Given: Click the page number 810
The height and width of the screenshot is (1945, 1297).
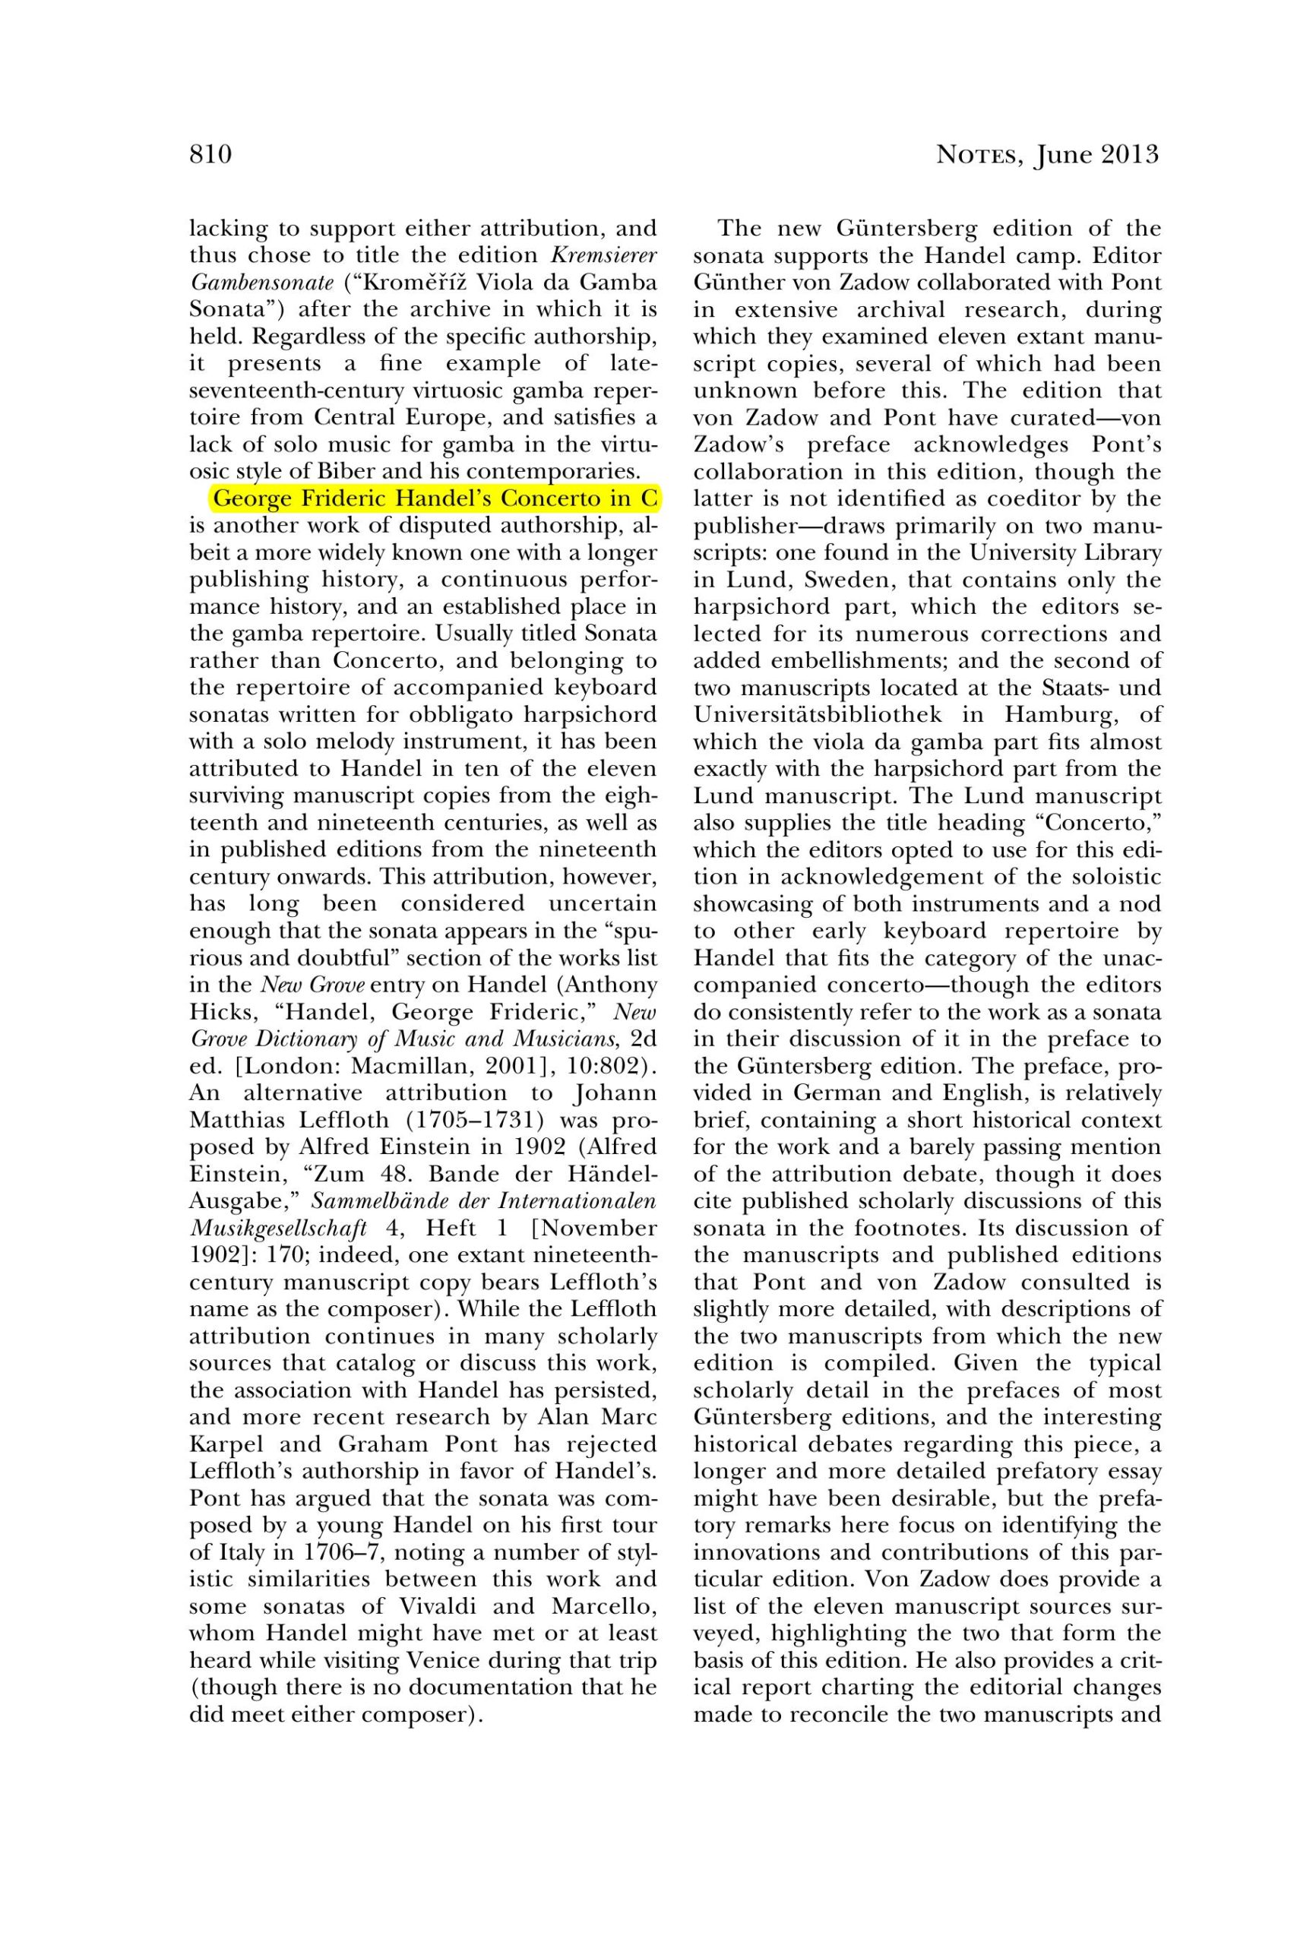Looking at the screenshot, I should (x=210, y=155).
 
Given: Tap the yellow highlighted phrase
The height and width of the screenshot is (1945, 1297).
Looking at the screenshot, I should (x=436, y=499).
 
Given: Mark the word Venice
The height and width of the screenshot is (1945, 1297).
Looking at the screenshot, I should (x=448, y=1661).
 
